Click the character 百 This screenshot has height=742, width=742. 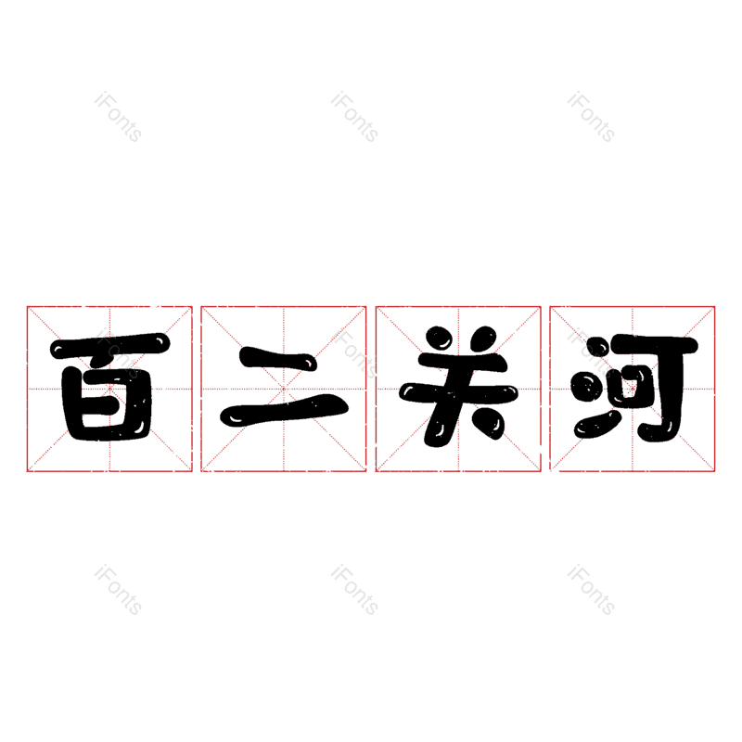(109, 389)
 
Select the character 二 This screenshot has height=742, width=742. (284, 389)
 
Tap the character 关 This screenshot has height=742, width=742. (458, 389)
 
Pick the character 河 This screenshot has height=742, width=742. (633, 389)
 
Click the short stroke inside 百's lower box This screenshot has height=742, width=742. (109, 400)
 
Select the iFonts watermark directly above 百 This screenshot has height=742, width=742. (118, 117)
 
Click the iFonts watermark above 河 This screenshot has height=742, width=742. (591, 117)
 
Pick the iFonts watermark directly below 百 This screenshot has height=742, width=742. (118, 590)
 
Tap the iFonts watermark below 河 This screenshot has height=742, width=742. (591, 590)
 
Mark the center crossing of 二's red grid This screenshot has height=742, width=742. (284, 389)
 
